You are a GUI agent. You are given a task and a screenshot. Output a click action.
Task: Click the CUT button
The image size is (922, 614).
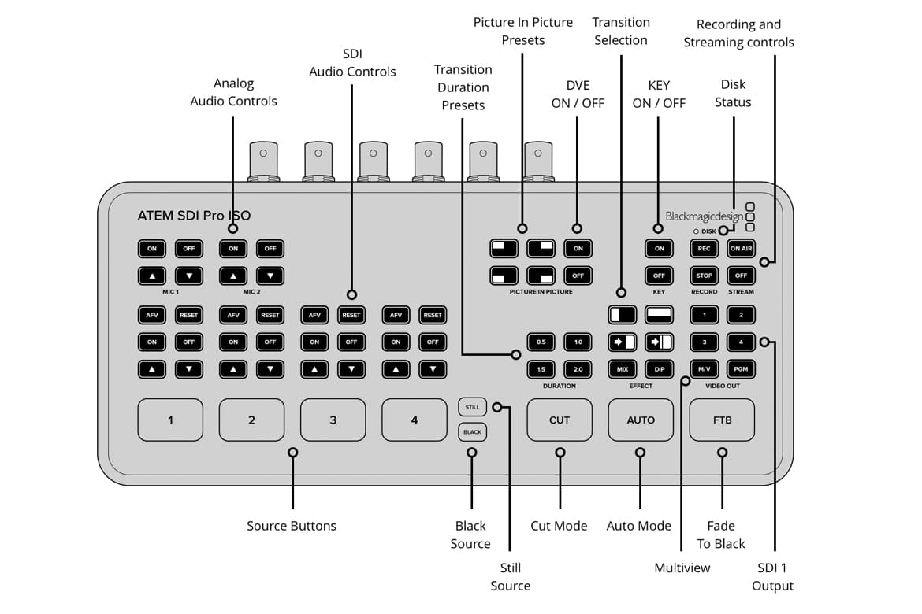click(560, 420)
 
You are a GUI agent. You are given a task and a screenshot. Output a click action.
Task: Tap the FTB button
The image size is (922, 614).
click(722, 420)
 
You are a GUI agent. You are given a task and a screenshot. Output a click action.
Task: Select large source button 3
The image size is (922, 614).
click(333, 420)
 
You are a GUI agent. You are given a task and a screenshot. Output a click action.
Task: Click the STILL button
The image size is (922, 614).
click(472, 407)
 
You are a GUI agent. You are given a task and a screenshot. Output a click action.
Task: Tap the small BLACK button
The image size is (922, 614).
click(472, 432)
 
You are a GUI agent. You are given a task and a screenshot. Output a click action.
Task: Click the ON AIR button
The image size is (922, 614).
click(741, 249)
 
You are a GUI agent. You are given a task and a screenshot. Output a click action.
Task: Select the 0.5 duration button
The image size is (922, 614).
click(541, 342)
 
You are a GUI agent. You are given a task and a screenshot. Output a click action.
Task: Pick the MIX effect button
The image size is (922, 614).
click(622, 369)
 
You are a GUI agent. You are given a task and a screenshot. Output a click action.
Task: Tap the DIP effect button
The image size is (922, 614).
click(659, 369)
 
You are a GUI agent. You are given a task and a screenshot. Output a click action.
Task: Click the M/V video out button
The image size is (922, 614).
click(704, 369)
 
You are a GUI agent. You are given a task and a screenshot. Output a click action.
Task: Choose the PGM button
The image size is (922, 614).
click(741, 369)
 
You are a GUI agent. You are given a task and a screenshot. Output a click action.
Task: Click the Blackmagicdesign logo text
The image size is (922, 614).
click(704, 216)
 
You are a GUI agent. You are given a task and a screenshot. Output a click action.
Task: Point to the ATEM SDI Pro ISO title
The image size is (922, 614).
click(194, 216)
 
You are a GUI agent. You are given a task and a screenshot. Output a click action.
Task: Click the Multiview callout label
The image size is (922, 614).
click(682, 568)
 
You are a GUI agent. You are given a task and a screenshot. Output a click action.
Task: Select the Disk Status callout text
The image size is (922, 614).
click(733, 93)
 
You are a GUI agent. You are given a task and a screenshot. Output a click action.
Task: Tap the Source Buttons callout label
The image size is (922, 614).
click(292, 526)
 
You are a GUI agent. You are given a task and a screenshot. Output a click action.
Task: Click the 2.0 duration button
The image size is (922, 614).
click(578, 369)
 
